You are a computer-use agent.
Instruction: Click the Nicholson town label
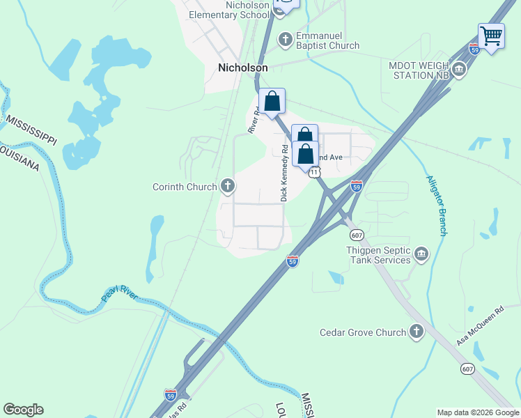pos(242,68)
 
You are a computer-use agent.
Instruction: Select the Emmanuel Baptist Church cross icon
pos(285,39)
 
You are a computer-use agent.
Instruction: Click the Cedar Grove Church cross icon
pos(417,332)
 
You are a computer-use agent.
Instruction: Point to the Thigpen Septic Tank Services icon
pos(421,254)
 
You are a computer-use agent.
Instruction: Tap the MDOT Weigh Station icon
pos(459,70)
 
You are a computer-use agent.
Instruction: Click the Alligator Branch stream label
pos(436,206)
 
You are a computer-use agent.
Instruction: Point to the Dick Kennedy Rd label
pos(284,173)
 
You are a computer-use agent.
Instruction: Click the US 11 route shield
pos(316,171)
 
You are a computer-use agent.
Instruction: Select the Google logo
pos(23,410)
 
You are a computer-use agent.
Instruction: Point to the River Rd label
pos(254,120)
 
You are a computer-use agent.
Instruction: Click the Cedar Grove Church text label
pos(362,332)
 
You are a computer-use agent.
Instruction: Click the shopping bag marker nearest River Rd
pos(272,102)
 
